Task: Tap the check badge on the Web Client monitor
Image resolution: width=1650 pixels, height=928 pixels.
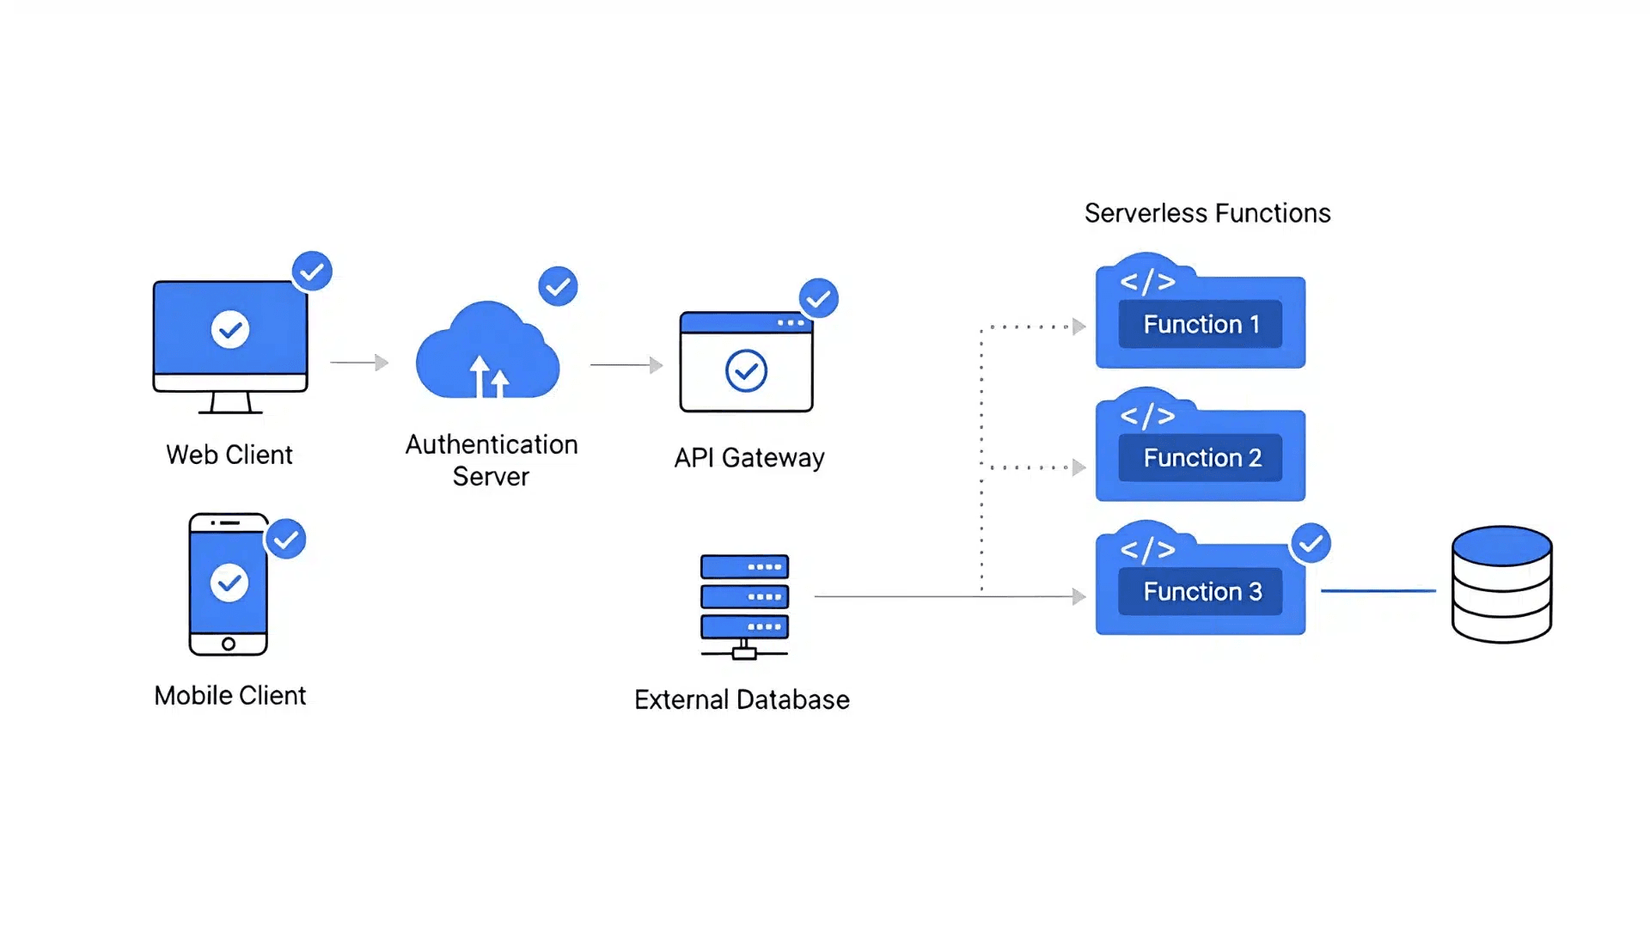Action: pyautogui.click(x=312, y=272)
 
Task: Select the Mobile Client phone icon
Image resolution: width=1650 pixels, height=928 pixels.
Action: pyautogui.click(x=229, y=584)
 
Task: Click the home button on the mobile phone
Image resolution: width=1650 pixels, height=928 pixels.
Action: pyautogui.click(x=229, y=644)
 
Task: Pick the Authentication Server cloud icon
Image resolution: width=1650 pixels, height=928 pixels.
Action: pyautogui.click(x=488, y=352)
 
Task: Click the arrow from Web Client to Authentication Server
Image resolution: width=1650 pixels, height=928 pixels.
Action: pyautogui.click(x=359, y=363)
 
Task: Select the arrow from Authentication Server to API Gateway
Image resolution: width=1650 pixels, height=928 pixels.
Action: pyautogui.click(x=626, y=365)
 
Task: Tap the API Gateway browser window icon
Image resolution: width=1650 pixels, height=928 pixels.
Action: pyautogui.click(x=746, y=363)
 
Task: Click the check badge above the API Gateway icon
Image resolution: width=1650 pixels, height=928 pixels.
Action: pyautogui.click(x=818, y=298)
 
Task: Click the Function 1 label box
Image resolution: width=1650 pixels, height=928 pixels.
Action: pyautogui.click(x=1200, y=324)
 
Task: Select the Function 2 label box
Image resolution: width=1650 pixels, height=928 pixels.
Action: pyautogui.click(x=1200, y=458)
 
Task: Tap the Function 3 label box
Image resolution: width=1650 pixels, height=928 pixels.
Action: pyautogui.click(x=1200, y=591)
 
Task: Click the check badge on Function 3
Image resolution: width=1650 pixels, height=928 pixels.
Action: pyautogui.click(x=1311, y=543)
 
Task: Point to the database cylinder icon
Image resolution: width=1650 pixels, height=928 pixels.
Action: pyautogui.click(x=1501, y=584)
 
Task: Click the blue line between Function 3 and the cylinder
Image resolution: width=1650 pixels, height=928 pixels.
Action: pyautogui.click(x=1378, y=591)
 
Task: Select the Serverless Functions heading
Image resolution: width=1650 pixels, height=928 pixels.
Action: pyautogui.click(x=1207, y=213)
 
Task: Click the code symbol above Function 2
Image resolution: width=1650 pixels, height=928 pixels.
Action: pyautogui.click(x=1147, y=416)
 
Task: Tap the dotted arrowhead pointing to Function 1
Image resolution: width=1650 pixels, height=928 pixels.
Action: pyautogui.click(x=1079, y=327)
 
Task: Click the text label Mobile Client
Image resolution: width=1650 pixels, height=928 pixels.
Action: pyautogui.click(x=229, y=695)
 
